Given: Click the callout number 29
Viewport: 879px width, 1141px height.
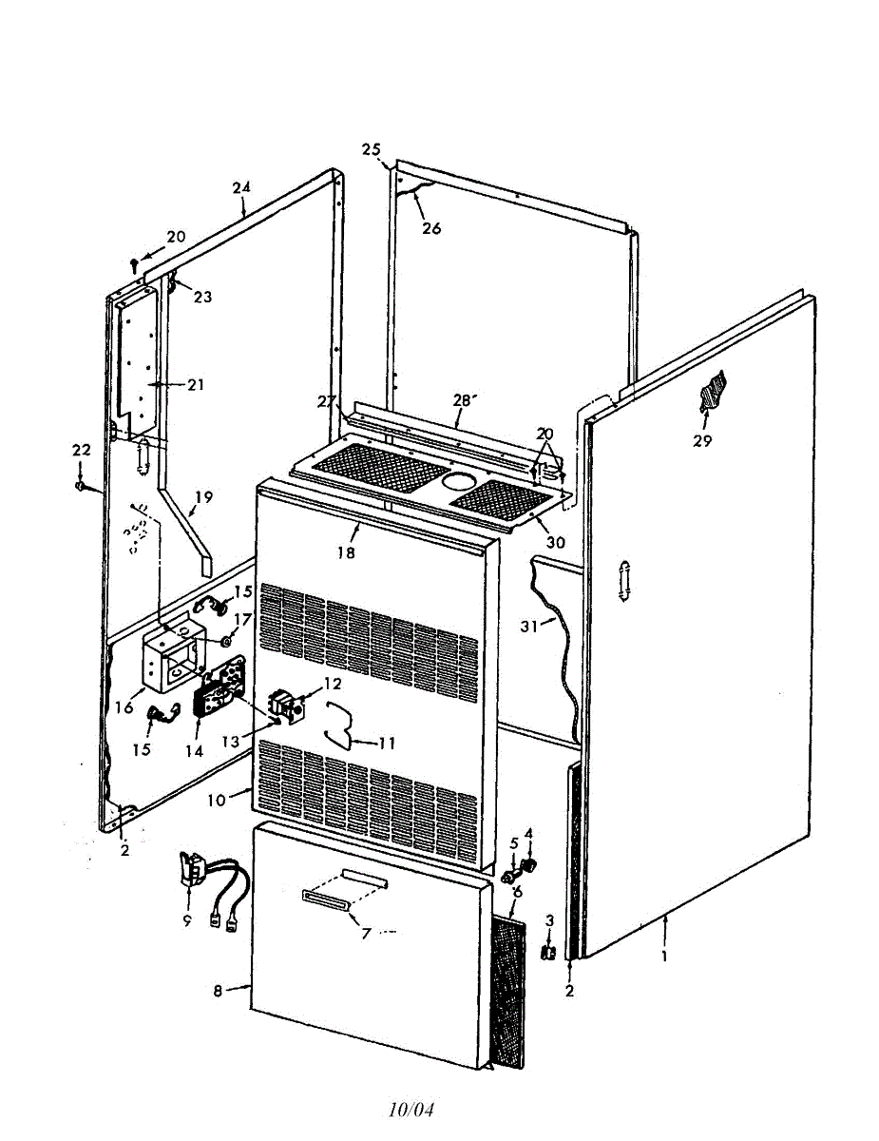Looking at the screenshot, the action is [x=702, y=441].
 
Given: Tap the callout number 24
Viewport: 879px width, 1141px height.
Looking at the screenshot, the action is [x=241, y=187].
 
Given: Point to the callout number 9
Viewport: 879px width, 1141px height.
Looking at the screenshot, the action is [x=187, y=919].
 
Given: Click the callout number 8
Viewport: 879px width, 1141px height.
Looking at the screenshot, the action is [x=218, y=990].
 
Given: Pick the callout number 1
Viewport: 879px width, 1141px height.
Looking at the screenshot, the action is [x=664, y=956].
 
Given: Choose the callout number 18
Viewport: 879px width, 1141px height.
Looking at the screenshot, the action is [x=346, y=552].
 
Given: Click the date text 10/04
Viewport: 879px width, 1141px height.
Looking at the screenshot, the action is [x=411, y=1110].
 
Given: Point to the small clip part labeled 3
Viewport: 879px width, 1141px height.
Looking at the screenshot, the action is [x=548, y=951].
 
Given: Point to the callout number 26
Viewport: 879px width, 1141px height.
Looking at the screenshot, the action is [x=431, y=228].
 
